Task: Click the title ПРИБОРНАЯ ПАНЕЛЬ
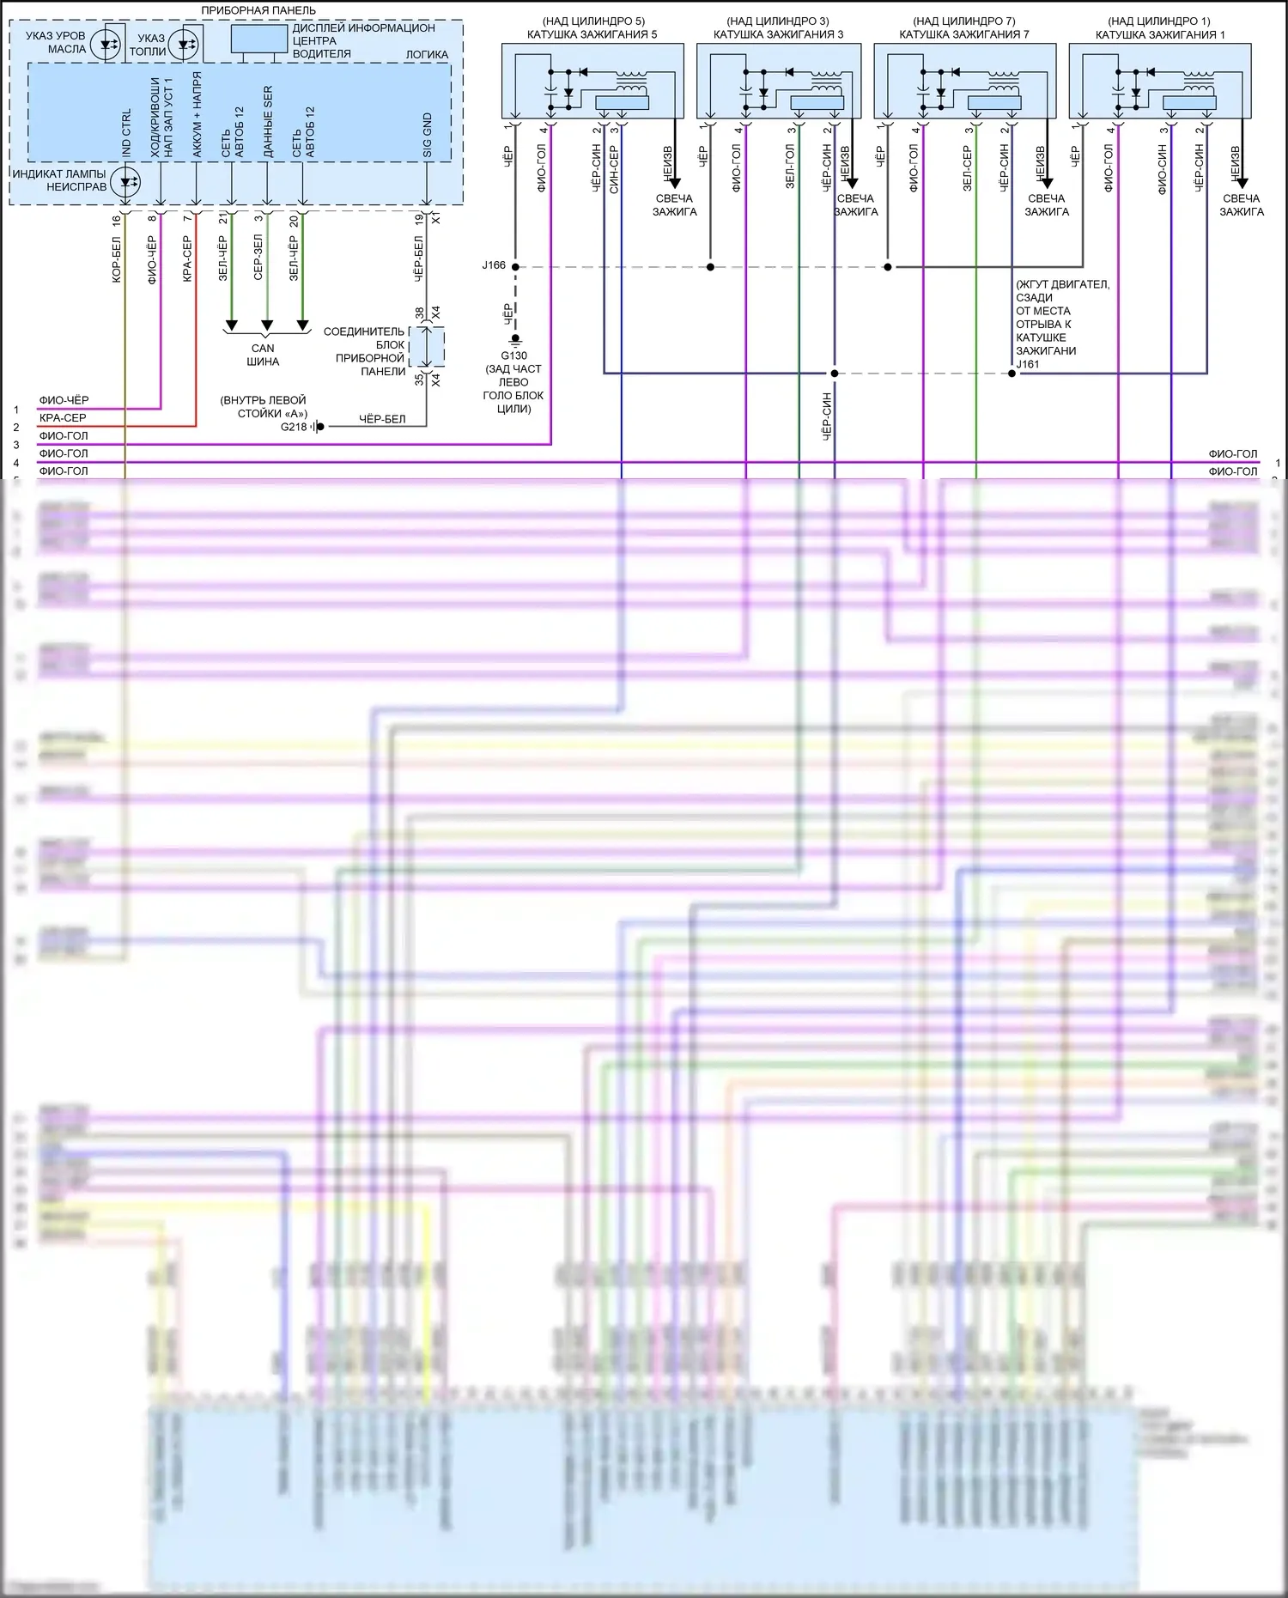[258, 10]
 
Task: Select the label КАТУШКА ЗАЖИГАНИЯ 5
[592, 34]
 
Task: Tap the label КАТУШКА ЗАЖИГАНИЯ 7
[963, 34]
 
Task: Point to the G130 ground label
[513, 355]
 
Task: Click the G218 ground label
[294, 427]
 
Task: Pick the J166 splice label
[494, 265]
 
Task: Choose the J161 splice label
[1028, 364]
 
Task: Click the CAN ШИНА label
[263, 355]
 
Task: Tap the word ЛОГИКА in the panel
[427, 54]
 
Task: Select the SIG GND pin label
[428, 135]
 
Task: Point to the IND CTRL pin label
[126, 133]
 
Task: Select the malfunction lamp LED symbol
[127, 181]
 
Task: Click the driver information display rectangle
[258, 39]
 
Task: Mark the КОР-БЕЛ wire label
[117, 259]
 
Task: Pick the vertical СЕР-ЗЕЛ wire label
[258, 257]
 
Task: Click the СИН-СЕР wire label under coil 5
[614, 169]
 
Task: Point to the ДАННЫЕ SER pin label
[268, 121]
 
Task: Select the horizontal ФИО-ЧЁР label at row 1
[64, 400]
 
